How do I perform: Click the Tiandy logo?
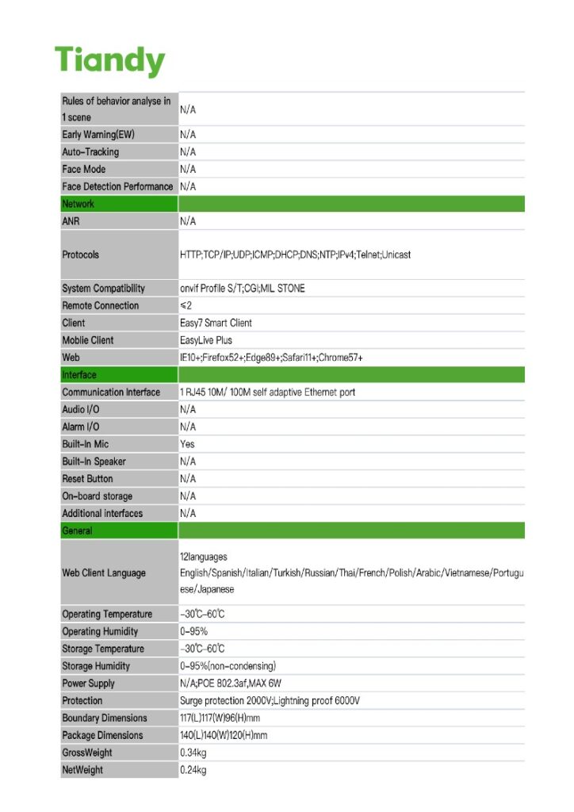(109, 60)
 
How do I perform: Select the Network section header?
(78, 204)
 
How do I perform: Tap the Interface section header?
(79, 375)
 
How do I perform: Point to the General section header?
(77, 530)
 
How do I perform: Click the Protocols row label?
(81, 255)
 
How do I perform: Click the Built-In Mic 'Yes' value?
(187, 444)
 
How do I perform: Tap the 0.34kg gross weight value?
(193, 753)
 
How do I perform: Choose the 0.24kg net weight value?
(193, 770)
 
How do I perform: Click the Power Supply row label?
(88, 684)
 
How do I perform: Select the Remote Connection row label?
(100, 305)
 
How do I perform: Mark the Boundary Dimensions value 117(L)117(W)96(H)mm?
(220, 718)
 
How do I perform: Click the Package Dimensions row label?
(102, 735)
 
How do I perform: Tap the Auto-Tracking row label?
(90, 151)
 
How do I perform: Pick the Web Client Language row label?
(104, 573)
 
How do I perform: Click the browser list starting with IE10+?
(271, 358)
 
